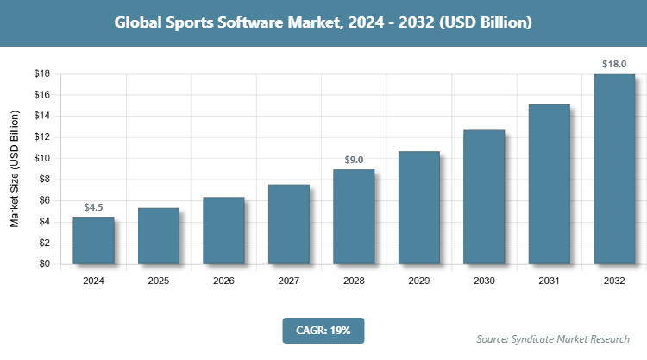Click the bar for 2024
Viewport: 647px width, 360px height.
tap(93, 241)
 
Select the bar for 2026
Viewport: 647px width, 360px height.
tap(223, 231)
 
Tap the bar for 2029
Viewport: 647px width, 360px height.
tap(418, 208)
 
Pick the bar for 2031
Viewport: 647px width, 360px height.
tap(549, 185)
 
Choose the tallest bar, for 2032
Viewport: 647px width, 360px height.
tap(614, 169)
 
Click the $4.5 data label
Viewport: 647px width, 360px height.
tap(93, 207)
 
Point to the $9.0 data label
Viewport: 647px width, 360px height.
tap(354, 160)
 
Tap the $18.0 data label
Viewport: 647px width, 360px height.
tap(614, 64)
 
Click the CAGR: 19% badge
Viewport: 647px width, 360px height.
tap(323, 331)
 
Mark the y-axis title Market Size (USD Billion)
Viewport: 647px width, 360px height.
tap(15, 168)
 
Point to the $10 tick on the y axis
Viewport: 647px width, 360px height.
tap(41, 159)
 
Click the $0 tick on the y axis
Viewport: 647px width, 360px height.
tap(43, 264)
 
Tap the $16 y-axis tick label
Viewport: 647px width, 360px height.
tap(41, 95)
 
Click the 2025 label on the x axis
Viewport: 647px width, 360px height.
tap(159, 281)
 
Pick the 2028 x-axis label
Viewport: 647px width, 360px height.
tap(354, 281)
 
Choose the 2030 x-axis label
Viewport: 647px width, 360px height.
tap(484, 281)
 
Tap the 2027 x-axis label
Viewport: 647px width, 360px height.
tap(289, 281)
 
